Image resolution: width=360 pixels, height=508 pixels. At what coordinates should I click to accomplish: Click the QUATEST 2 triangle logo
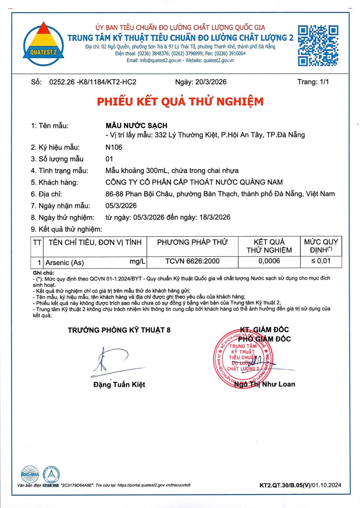43,44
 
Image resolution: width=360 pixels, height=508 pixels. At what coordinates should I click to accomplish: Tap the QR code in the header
318,45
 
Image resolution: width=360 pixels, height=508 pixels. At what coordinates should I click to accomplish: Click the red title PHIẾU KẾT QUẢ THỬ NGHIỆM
180,102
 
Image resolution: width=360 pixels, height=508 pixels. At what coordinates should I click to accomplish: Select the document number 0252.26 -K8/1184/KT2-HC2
93,82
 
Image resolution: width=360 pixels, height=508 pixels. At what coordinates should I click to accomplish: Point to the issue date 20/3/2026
211,82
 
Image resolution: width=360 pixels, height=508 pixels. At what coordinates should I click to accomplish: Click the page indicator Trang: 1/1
313,82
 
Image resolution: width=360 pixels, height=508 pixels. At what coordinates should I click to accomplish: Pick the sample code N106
114,147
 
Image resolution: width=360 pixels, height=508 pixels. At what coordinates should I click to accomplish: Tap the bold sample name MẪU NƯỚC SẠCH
136,126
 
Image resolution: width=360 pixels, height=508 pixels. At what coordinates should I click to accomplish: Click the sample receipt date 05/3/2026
121,206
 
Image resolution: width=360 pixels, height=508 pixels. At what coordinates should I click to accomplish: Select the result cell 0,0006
269,261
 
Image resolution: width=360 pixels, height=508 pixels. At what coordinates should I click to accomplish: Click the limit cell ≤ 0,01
321,261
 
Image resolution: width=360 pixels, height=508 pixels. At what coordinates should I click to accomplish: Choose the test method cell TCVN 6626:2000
192,261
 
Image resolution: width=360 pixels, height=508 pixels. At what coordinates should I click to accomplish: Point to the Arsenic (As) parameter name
65,262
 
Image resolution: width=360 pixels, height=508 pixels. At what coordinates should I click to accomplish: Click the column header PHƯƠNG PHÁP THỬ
192,242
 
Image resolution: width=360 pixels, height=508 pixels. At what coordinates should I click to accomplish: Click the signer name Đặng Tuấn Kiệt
119,384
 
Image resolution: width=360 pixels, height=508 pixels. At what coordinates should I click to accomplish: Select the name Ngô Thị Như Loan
264,384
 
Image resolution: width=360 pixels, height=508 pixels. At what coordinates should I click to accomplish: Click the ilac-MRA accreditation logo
30,474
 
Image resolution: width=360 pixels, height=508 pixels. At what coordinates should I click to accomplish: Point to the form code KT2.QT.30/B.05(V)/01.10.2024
300,485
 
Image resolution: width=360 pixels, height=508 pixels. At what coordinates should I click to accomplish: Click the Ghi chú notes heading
43,273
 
